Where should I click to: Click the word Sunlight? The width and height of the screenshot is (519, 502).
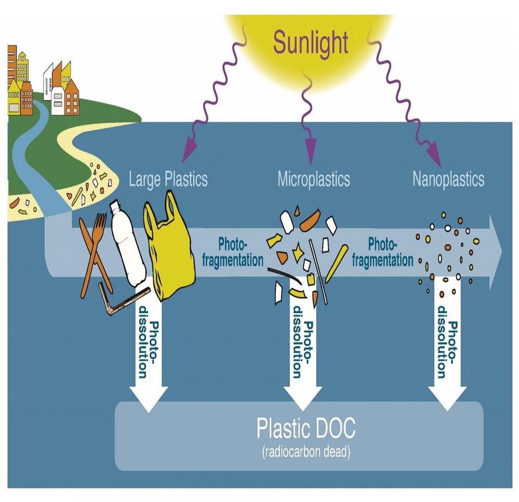pyautogui.click(x=310, y=44)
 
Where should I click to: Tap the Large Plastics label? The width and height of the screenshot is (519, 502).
pyautogui.click(x=168, y=179)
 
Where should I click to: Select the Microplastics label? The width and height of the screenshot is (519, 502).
pyautogui.click(x=314, y=179)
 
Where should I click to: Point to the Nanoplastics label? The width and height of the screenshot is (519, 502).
pyautogui.click(x=448, y=179)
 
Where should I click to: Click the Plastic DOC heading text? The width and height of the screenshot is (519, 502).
pyautogui.click(x=306, y=429)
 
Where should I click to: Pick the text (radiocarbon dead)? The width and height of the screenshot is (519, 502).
pyautogui.click(x=306, y=451)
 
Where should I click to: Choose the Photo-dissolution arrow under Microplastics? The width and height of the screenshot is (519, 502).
pyautogui.click(x=301, y=354)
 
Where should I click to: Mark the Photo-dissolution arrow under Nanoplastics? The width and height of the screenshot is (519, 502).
pyautogui.click(x=447, y=354)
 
